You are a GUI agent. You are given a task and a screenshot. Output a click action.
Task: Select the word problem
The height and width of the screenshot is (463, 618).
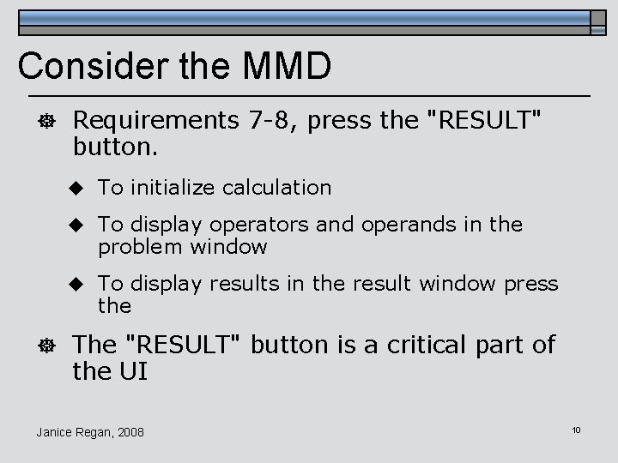(x=137, y=247)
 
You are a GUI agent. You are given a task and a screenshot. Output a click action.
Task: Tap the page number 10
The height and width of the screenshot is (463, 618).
(x=576, y=429)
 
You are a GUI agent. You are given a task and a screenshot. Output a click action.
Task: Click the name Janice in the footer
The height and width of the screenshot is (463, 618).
(x=54, y=432)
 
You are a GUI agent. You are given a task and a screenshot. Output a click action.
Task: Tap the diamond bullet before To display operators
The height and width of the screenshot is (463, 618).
(x=76, y=225)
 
